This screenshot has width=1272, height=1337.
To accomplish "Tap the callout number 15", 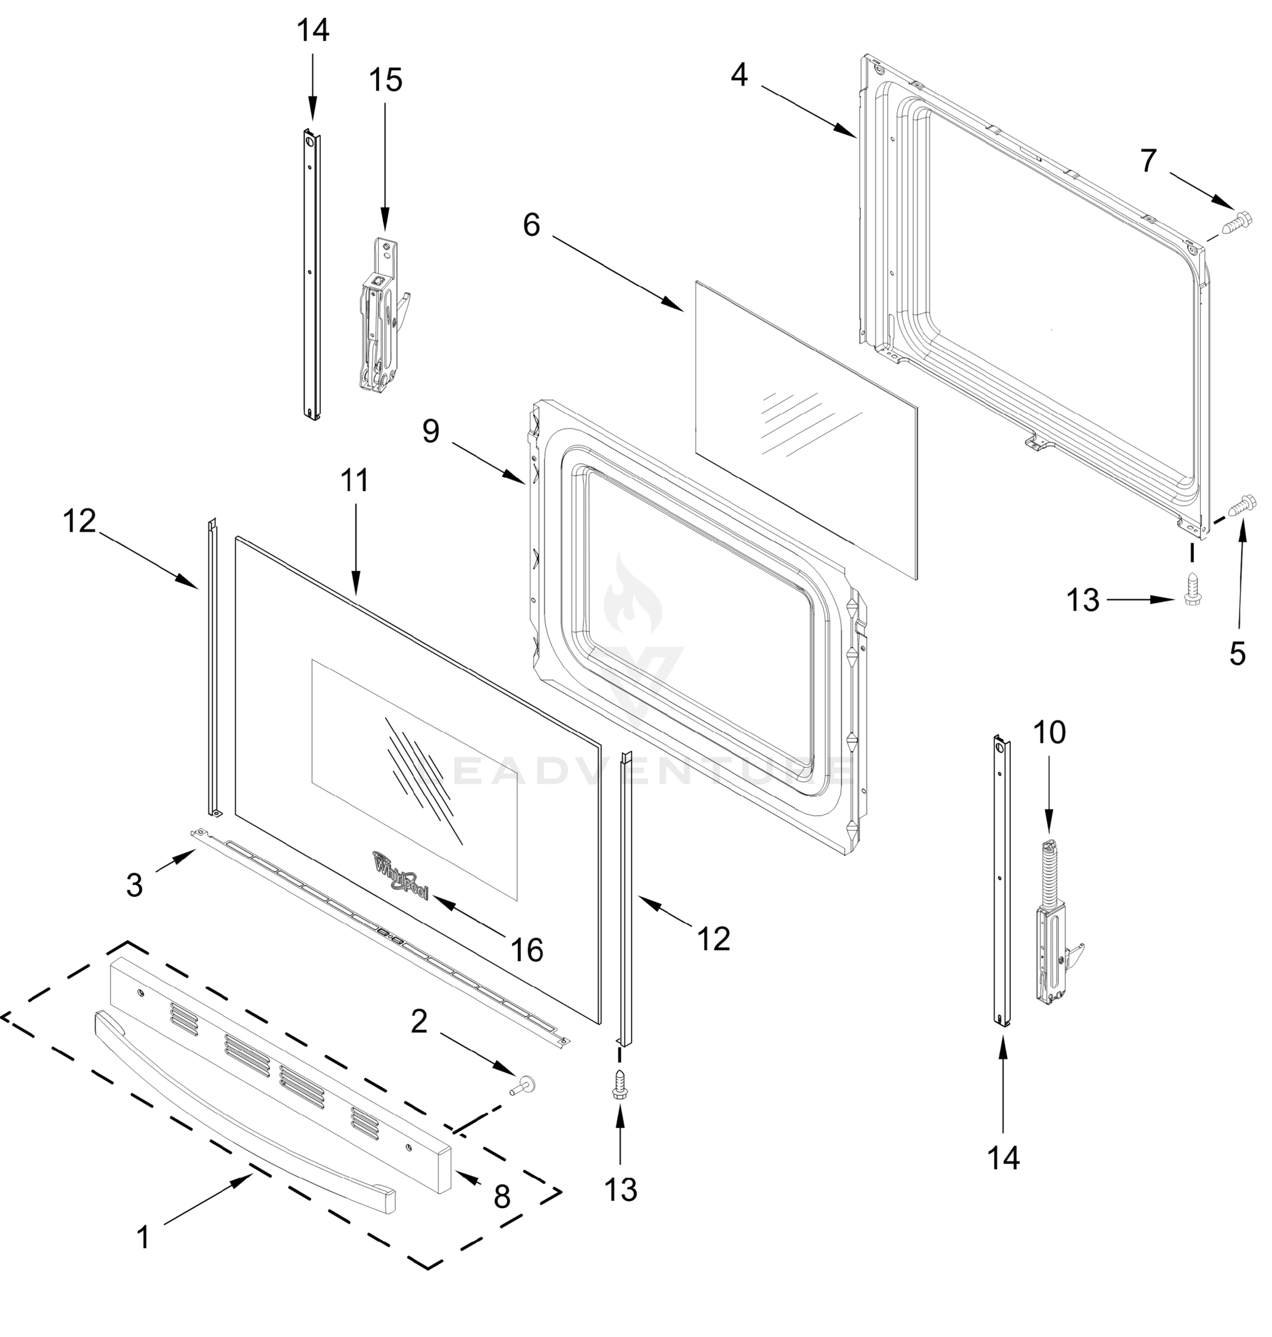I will (385, 80).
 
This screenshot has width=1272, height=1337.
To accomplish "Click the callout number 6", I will (532, 225).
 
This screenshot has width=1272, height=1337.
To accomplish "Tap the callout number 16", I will (527, 950).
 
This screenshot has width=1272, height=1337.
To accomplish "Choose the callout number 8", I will (502, 1197).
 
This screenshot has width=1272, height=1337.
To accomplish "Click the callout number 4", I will (739, 75).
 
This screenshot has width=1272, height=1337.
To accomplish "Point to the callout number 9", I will (431, 431).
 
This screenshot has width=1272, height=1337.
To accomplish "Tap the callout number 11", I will (355, 480).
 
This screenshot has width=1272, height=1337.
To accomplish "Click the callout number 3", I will (134, 885).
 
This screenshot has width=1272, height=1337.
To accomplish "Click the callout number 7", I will (1148, 161).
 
